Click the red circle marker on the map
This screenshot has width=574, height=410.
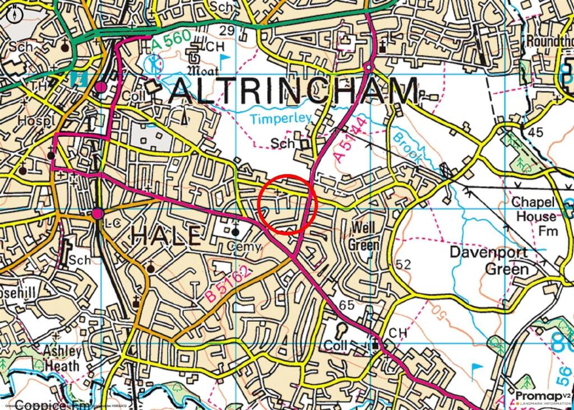(288, 204)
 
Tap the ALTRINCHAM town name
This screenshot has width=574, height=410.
(294, 91)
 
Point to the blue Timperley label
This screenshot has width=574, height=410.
(272, 119)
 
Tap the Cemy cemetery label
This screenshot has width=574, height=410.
(249, 246)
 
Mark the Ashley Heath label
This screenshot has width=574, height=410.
(62, 358)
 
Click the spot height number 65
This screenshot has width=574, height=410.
(347, 305)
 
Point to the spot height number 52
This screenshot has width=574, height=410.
(402, 264)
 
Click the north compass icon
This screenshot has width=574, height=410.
(15, 14)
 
